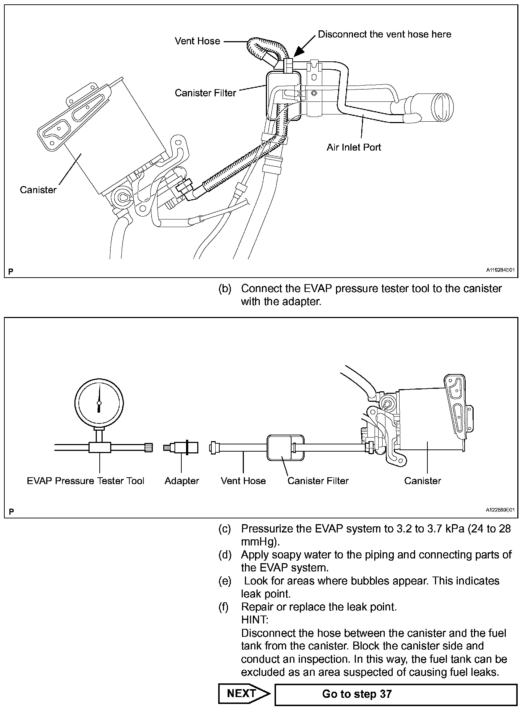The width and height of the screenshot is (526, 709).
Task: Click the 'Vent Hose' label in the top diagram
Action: click(197, 41)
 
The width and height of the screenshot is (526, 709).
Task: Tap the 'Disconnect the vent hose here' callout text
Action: click(384, 34)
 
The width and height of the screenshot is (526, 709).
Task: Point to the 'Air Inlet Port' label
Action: click(354, 147)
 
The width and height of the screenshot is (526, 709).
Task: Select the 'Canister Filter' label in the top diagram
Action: click(205, 93)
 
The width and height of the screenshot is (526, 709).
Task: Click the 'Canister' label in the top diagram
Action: click(38, 190)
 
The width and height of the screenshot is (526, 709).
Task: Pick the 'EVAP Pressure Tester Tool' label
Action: click(86, 481)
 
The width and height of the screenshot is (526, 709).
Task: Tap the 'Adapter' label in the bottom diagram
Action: click(182, 481)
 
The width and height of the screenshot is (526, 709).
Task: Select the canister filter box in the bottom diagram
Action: click(285, 448)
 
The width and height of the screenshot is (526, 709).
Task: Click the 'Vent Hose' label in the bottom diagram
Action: click(243, 481)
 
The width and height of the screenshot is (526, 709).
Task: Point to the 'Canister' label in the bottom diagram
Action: click(422, 481)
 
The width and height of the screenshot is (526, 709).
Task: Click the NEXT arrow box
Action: click(244, 693)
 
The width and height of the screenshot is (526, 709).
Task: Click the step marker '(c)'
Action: click(224, 529)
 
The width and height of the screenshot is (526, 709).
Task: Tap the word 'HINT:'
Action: click(255, 620)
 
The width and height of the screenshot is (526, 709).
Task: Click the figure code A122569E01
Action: click(500, 510)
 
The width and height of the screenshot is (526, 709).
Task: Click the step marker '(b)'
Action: click(224, 289)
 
